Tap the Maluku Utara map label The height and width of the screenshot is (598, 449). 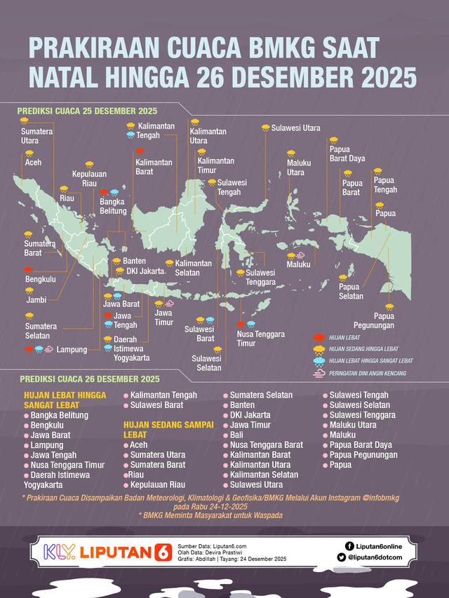[299, 168]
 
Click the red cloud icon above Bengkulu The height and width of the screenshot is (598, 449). [29, 269]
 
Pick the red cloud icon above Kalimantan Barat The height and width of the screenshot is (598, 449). [140, 151]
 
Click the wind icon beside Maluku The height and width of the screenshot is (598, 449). [300, 255]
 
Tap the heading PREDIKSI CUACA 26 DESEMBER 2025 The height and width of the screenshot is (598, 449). [89, 380]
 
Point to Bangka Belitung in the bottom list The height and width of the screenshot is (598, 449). [58, 416]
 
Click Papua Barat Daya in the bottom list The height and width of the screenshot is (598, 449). [361, 444]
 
